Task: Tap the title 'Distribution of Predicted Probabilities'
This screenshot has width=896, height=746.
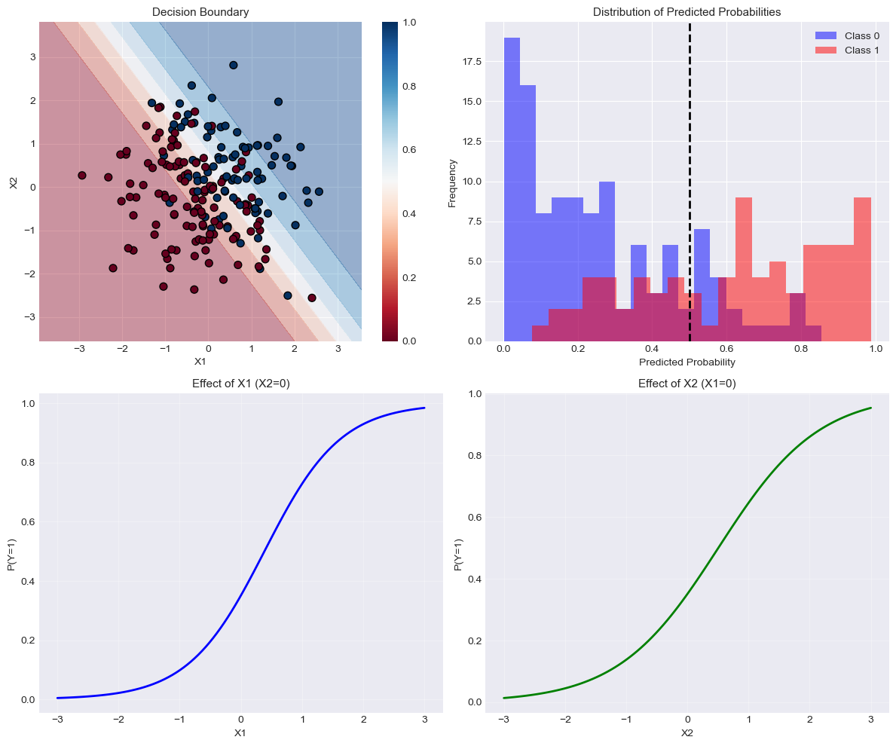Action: click(687, 12)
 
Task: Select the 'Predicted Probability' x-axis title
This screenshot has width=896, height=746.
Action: click(687, 361)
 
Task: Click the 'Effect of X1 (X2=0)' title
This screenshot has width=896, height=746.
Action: click(240, 383)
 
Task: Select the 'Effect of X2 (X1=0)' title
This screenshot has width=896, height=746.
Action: click(687, 383)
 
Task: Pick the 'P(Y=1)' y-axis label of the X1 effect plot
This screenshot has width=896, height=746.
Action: click(12, 553)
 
